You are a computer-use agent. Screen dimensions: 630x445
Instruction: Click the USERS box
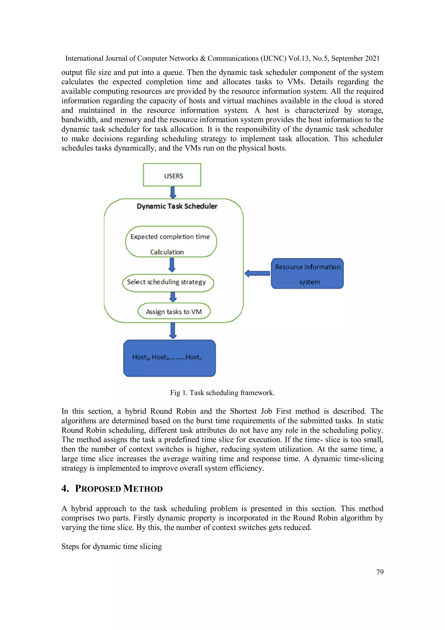(172, 175)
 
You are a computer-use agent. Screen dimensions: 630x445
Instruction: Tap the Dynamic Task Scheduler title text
(177, 206)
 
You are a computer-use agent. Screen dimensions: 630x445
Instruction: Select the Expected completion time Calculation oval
(171, 241)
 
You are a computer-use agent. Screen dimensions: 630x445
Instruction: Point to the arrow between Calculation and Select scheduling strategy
(172, 265)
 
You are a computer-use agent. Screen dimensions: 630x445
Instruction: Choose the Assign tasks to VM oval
(174, 311)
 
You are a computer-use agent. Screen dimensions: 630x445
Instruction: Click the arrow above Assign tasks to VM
(173, 297)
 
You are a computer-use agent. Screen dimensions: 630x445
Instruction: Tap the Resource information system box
(307, 274)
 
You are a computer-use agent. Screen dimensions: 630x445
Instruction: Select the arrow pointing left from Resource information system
(257, 273)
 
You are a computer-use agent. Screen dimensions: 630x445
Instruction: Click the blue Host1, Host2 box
(169, 358)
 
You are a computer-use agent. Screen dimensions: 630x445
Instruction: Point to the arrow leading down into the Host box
(173, 330)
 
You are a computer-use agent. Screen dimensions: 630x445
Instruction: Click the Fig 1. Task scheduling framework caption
(222, 393)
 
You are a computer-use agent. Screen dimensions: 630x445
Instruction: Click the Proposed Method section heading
(119, 489)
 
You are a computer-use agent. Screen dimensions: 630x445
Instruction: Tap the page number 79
(380, 572)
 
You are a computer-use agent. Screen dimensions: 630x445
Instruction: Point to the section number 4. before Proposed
(65, 488)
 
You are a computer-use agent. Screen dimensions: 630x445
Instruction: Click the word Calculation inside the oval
(167, 252)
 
